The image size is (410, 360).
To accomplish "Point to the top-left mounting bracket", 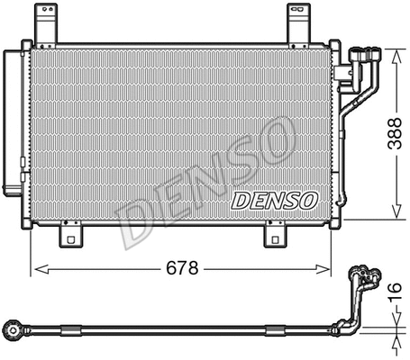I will [x=42, y=26].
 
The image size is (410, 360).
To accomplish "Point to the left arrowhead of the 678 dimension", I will [x=36, y=268].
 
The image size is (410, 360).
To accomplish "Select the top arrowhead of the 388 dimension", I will [x=396, y=52].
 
